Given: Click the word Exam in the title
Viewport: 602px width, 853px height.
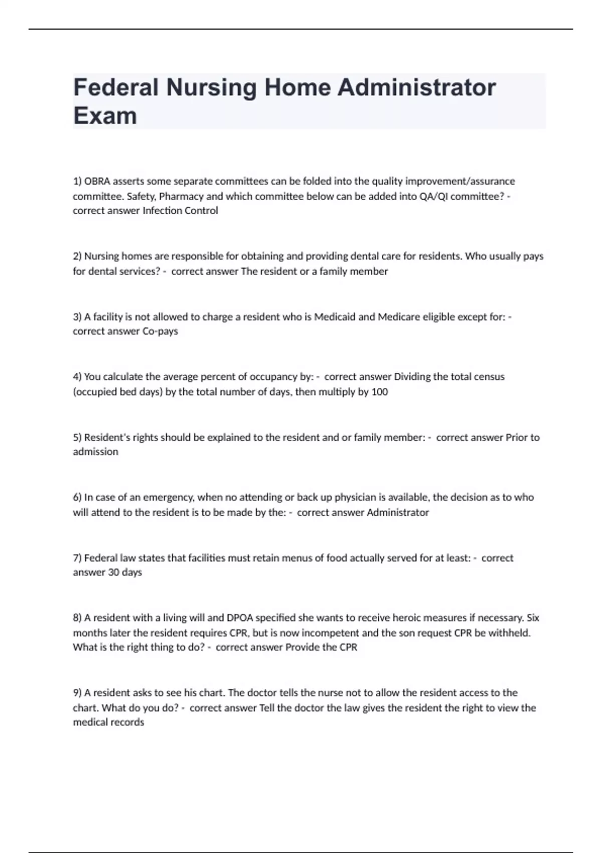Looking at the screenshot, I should click(x=105, y=115).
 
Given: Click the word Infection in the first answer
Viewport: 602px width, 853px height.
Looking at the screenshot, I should click(x=162, y=211).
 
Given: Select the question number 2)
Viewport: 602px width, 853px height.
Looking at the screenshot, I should click(x=77, y=256).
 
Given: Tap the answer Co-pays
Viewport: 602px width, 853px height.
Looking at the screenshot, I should click(x=160, y=331).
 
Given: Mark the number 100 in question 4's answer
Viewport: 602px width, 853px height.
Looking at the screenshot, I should click(x=379, y=392).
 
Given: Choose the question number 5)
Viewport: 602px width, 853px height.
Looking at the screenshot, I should click(x=77, y=438).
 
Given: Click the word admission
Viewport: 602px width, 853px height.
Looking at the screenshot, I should click(x=96, y=452).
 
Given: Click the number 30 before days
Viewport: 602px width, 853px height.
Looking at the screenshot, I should click(x=113, y=573).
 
